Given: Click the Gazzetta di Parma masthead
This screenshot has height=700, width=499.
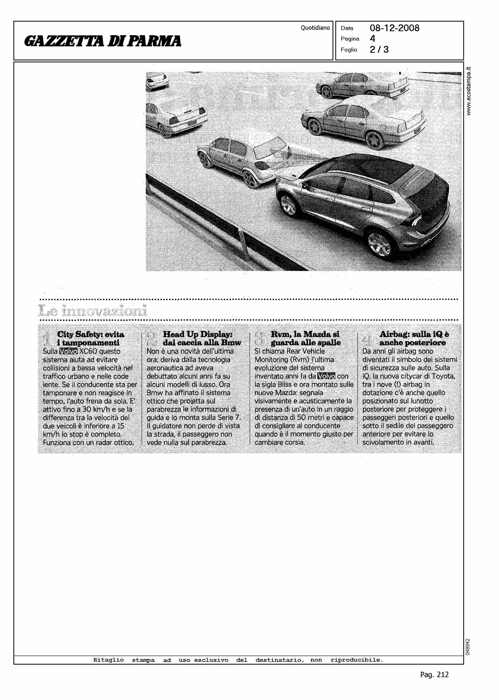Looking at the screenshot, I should point(103,41).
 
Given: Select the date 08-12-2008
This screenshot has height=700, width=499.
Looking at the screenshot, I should point(394,28).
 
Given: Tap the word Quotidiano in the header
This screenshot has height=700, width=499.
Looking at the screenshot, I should point(315,28).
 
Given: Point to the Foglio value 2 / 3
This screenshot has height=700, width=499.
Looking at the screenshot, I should point(379,50).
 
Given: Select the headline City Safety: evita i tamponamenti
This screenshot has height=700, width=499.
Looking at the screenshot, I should point(91,338).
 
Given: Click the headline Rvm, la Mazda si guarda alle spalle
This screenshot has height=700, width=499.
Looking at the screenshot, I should point(306,338).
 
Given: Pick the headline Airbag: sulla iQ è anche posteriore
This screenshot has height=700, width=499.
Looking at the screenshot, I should point(414,338).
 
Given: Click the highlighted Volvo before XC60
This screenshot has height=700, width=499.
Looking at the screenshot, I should point(68,351).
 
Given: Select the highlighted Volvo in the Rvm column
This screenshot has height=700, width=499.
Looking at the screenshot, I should point(326,376).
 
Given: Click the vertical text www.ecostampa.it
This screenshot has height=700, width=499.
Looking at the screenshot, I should point(469,91).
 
